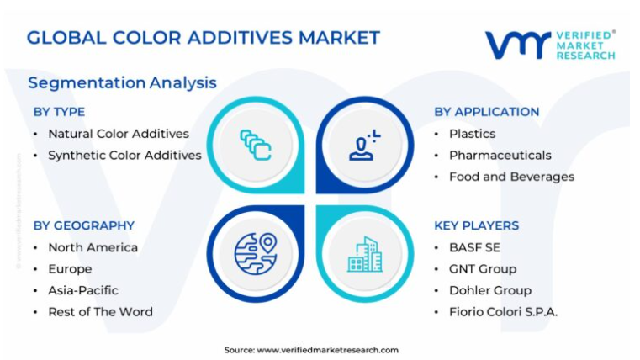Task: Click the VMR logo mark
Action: pos(518,45)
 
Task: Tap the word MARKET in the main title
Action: pos(340,38)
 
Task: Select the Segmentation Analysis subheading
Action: pos(122,83)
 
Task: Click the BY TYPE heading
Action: pos(59,112)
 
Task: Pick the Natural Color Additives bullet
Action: pos(119,134)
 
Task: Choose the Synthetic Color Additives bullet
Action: pos(125,156)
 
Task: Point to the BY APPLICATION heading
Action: pos(487,112)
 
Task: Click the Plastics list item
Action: pos(473,134)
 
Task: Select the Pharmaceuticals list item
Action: pos(500,156)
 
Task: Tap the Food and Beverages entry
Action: pos(511,177)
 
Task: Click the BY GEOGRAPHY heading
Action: pos(84,225)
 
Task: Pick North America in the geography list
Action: pos(93,248)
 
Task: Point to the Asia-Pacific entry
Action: pos(83,291)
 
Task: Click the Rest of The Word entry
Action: pos(100,312)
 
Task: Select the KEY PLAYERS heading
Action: pos(476,225)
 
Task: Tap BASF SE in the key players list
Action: pos(474,248)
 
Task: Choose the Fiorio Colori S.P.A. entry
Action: pos(503,312)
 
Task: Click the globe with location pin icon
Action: pos(256,253)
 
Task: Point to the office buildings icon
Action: pos(365,254)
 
